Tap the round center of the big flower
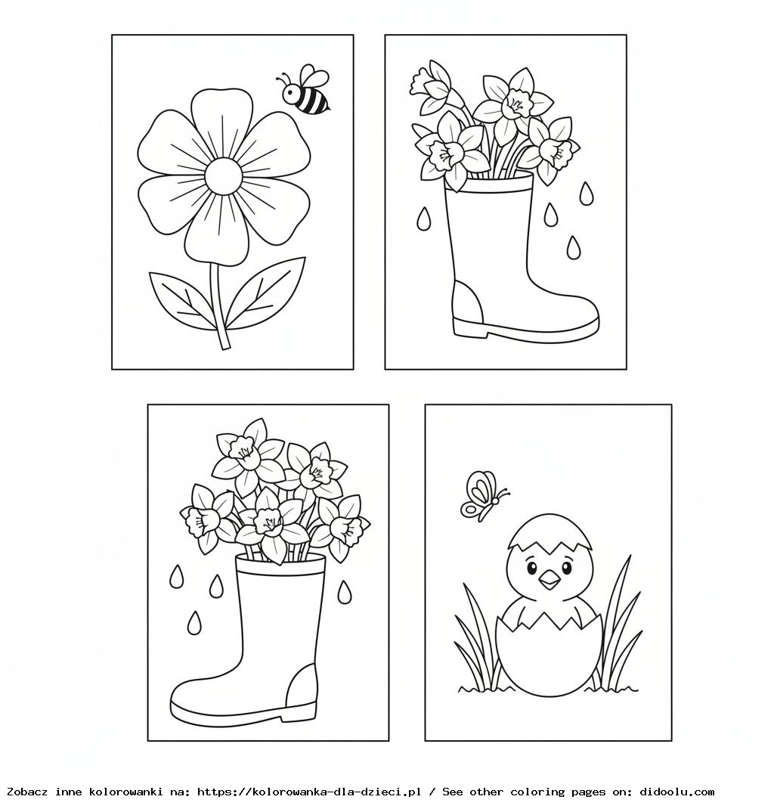[x=223, y=176]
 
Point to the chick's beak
[x=550, y=581]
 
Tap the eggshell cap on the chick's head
[x=550, y=533]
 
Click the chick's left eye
[x=531, y=569]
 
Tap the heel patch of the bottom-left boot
[x=302, y=686]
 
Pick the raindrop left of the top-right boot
[x=423, y=219]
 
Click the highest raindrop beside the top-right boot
[x=586, y=194]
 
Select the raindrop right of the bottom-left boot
[x=344, y=593]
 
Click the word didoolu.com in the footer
[x=677, y=792]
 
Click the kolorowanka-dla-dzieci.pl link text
[x=336, y=792]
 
